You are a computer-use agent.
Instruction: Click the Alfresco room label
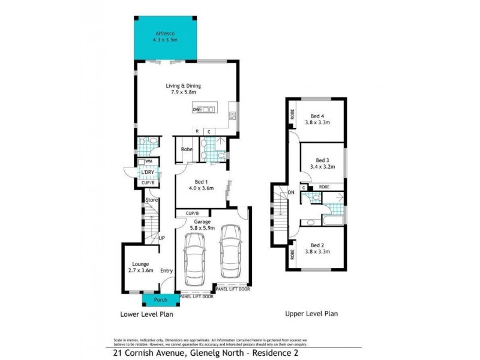pos(165,34)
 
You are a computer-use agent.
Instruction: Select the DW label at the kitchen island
pos(196,110)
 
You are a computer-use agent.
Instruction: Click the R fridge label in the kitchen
pos(196,131)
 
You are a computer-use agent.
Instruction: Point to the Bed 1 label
pos(201,181)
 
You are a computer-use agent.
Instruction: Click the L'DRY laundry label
pos(148,172)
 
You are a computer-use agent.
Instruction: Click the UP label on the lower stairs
pos(162,238)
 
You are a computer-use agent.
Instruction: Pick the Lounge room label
pos(140,264)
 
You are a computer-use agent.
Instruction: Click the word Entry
pos(167,271)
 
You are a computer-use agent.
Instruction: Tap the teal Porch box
pos(160,299)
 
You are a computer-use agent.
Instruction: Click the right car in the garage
pos(232,255)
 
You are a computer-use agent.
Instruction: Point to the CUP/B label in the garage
pos(192,213)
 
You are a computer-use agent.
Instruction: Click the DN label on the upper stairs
pos(291,192)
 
